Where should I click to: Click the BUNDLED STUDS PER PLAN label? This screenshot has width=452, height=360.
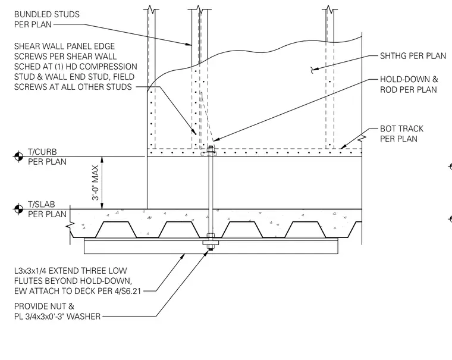47,19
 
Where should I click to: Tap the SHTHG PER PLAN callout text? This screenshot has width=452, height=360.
413,56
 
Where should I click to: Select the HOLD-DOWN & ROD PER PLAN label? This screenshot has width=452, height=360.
409,84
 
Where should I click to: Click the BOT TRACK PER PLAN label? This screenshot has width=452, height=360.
401,133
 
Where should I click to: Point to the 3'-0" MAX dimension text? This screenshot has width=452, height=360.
95,183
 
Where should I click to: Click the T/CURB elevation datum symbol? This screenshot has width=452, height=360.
19,156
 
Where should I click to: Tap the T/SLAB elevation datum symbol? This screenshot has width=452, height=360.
19,209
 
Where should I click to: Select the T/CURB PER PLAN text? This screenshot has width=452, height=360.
47,156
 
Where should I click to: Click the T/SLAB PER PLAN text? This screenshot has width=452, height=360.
47,209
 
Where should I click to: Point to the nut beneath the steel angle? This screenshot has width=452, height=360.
211,247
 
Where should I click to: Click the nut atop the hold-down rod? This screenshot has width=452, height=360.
211,149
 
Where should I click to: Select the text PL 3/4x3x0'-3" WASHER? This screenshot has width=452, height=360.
57,317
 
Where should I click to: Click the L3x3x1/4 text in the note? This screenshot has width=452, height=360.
30,271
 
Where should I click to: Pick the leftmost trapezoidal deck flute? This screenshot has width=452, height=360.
115,230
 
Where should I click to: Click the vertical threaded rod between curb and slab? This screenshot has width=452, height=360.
211,183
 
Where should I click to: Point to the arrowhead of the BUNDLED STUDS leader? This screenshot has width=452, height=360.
189,45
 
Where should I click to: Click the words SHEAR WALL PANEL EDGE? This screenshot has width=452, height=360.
65,46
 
